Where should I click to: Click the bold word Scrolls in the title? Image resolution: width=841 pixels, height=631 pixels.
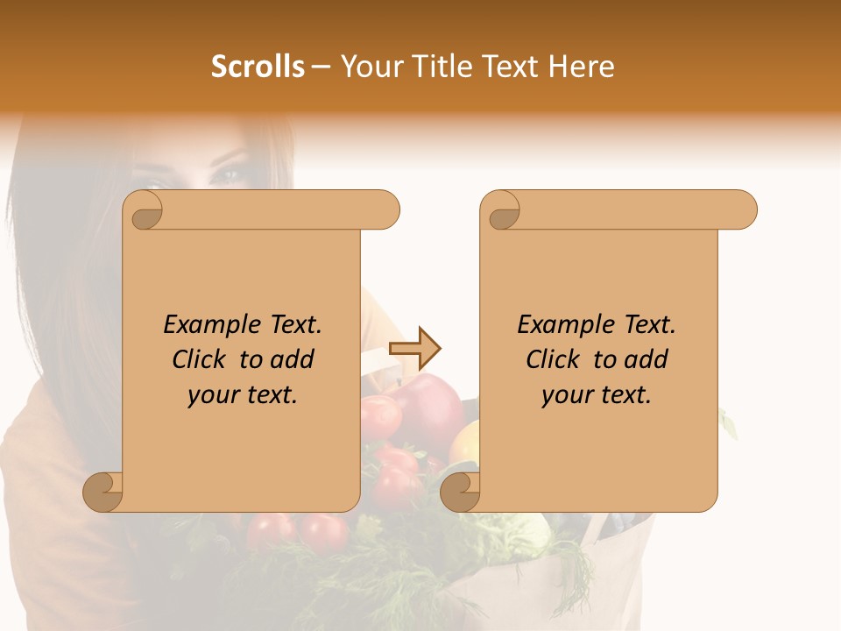pos(258,67)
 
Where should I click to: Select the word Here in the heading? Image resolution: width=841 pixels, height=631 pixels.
pos(582,67)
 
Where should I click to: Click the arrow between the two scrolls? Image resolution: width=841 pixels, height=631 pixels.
pos(415,349)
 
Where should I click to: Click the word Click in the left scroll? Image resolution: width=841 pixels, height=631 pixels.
pos(201,360)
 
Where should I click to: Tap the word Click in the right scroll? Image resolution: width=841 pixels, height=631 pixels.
pos(555,360)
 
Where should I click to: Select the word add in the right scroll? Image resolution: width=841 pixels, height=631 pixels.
pos(647,360)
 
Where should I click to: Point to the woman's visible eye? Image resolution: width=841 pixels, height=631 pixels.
pos(230,172)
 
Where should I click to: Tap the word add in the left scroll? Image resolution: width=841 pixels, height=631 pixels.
pos(293,360)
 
